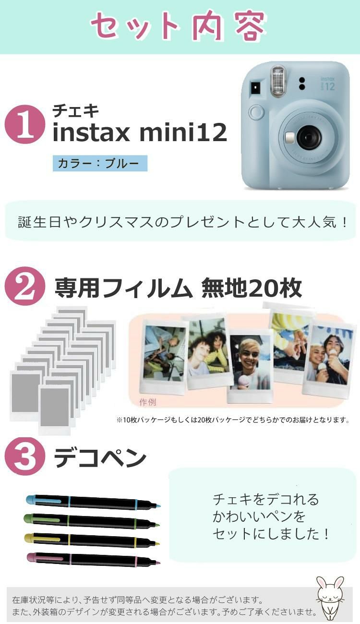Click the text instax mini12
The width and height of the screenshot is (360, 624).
[x=139, y=133]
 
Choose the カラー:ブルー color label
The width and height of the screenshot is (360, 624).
[x=100, y=164]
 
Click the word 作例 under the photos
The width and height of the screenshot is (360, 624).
[x=147, y=402]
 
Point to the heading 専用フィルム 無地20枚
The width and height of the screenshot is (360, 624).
[x=178, y=288]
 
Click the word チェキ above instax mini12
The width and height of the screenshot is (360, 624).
[x=75, y=111]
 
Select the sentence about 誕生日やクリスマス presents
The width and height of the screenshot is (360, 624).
[x=182, y=222]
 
